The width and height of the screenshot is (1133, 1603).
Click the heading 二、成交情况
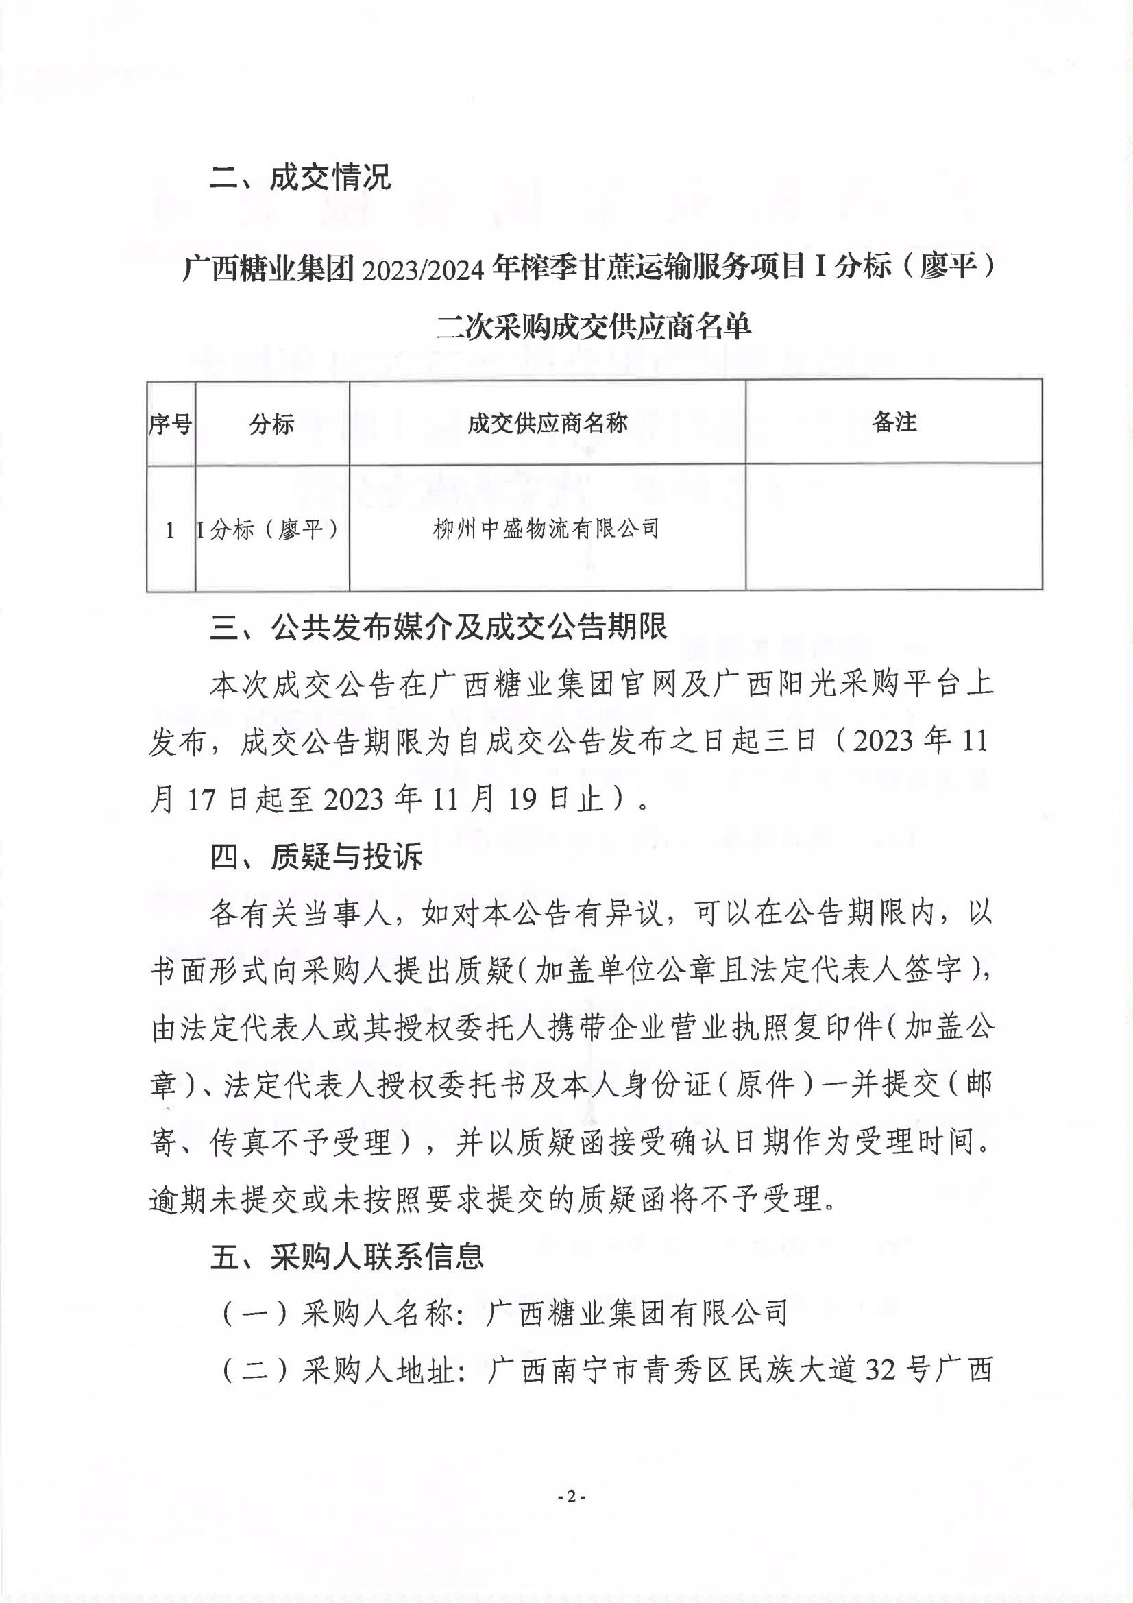tap(300, 178)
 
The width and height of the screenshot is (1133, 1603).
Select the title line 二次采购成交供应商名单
tap(594, 326)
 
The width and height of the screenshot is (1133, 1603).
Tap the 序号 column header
tap(171, 423)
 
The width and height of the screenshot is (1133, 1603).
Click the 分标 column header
tap(271, 423)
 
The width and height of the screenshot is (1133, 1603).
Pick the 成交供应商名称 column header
tap(547, 422)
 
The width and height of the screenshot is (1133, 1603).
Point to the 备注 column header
tap(894, 421)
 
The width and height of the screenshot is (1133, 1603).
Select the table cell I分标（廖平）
tap(269, 530)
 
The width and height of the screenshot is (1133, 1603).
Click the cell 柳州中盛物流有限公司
tap(546, 529)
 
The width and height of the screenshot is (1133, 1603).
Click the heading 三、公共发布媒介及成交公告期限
tap(439, 627)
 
